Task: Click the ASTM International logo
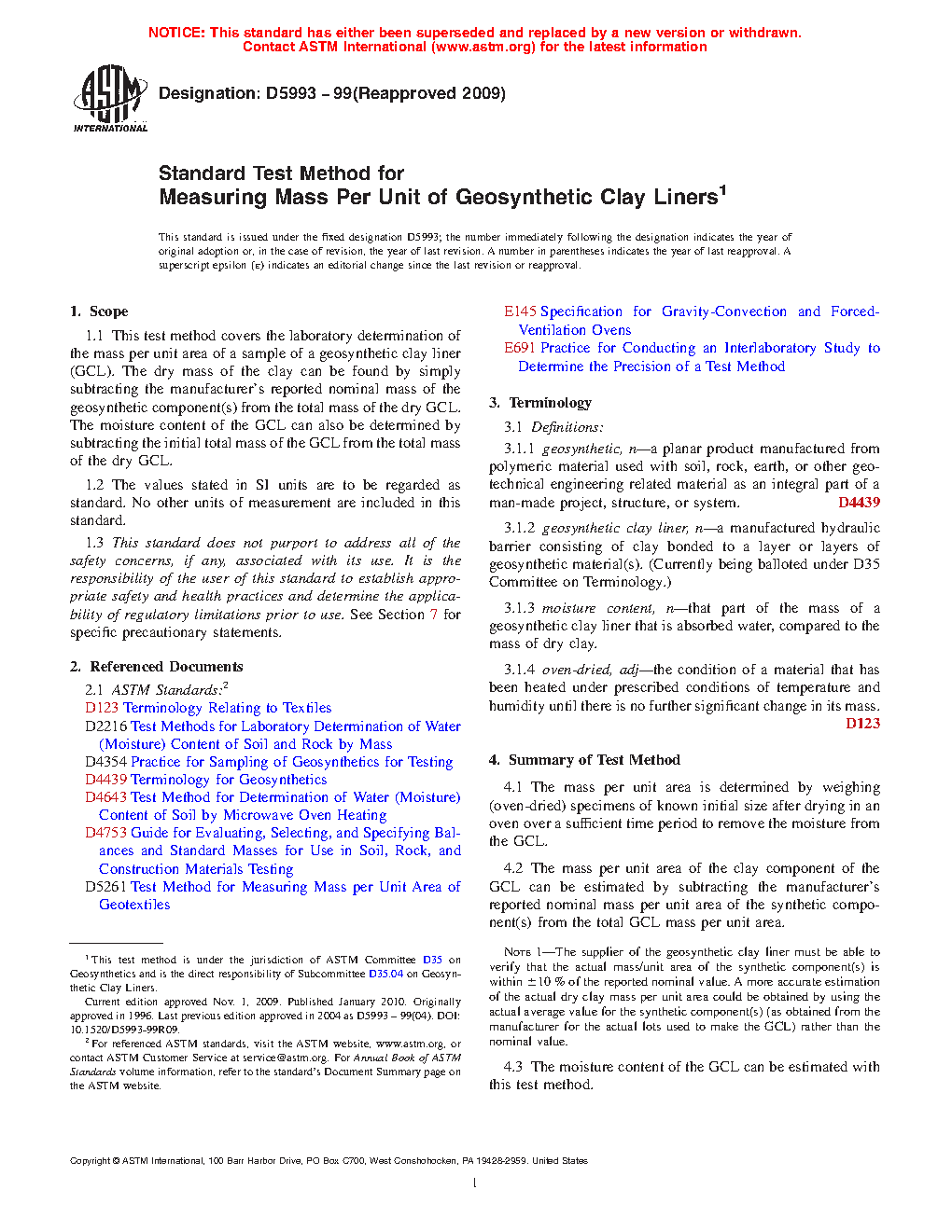point(109,98)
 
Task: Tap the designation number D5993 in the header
point(291,93)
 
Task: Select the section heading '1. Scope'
point(99,311)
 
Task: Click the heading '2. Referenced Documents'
point(156,667)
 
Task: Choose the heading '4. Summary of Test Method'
point(584,760)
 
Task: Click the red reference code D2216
point(105,726)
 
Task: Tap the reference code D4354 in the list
point(105,762)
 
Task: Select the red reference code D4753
point(105,833)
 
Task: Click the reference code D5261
point(105,887)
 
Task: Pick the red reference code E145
point(520,311)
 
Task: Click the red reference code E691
point(520,348)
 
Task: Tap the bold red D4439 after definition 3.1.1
point(859,503)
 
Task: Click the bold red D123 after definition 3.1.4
point(862,724)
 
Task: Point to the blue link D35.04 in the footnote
point(385,974)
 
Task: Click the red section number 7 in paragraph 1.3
point(433,615)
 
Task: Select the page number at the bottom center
point(475,1183)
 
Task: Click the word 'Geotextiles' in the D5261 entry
point(134,905)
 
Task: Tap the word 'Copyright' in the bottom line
point(90,1161)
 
